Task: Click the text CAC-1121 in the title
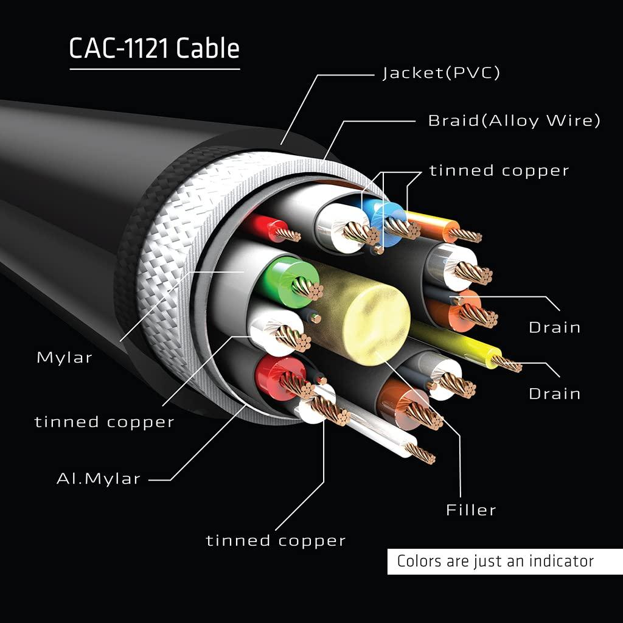(x=120, y=49)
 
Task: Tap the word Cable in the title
(x=207, y=49)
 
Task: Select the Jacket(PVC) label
(x=441, y=74)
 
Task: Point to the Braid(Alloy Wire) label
(x=514, y=120)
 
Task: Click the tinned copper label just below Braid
(x=499, y=170)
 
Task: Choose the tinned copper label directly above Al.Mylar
(x=104, y=422)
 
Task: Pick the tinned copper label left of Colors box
(x=276, y=540)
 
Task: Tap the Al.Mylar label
(x=99, y=479)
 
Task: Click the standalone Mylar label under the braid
(x=64, y=357)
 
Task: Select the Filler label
(x=471, y=510)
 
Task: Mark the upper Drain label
(x=554, y=327)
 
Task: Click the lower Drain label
(x=554, y=394)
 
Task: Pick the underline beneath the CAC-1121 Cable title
(x=155, y=69)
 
